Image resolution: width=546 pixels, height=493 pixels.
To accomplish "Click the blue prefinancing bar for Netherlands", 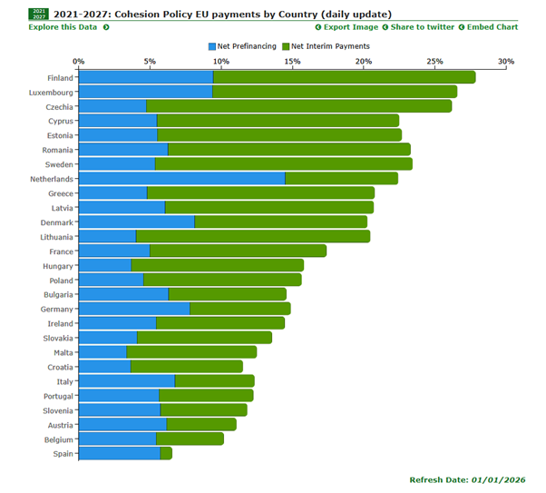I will coord(181,178).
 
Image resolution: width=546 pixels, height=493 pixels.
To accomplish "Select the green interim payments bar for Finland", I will coord(344,77).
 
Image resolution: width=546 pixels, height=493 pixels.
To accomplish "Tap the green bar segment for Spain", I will coord(166,453).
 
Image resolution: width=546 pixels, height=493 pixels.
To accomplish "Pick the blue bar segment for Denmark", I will coord(136,222).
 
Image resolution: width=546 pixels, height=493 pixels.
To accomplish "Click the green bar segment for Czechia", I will coord(298,106).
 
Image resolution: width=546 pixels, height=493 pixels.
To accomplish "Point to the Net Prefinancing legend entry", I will coord(242,45).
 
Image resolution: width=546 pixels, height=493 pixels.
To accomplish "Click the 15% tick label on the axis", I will coord(292,62).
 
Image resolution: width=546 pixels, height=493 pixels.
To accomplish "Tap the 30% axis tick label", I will coord(505,62).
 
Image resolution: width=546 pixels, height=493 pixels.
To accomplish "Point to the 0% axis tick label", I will coord(79,62).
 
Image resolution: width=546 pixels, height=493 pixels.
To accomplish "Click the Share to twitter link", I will coord(421,27).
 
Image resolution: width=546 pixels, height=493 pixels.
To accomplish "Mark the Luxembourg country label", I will coord(51,92).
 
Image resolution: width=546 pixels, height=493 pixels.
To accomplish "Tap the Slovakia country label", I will coord(56,338).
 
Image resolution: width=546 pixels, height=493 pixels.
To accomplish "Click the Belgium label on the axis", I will coord(57,439).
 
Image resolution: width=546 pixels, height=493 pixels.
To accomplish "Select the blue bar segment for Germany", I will coord(134,309).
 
